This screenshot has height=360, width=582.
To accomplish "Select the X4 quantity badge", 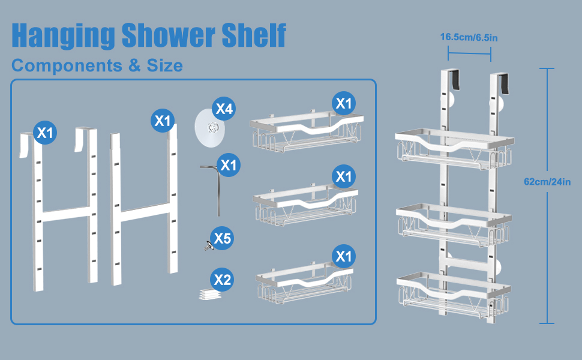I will [x=224, y=109].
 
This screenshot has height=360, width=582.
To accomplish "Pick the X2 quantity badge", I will [x=222, y=280].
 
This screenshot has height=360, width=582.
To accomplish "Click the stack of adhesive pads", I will [x=210, y=293].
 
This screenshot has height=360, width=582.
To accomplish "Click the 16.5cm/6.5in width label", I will [x=469, y=37].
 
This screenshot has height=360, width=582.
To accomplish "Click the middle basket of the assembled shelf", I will [x=454, y=228].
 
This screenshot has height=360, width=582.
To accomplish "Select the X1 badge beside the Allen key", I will [x=228, y=164].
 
